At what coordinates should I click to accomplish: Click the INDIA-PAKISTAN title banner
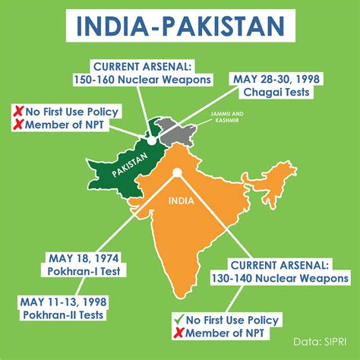(180, 27)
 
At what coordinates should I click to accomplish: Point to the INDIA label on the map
(180, 202)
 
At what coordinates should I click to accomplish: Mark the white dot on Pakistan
(152, 141)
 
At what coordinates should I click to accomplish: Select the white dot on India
(176, 173)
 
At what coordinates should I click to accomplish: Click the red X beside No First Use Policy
(16, 111)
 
